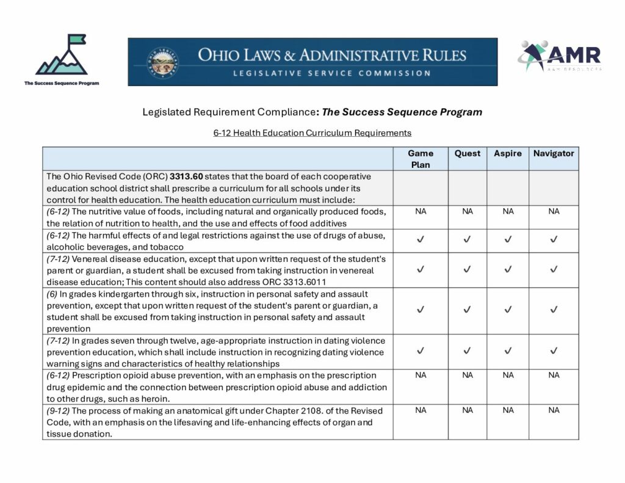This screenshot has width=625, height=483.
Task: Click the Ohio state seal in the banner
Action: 161,61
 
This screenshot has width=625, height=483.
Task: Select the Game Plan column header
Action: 421,159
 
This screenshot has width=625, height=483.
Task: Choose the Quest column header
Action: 468,153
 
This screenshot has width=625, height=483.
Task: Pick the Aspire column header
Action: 508,153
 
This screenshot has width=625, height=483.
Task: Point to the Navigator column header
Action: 554,153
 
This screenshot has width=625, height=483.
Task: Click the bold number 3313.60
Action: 186,176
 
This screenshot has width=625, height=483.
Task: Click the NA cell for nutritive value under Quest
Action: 468,212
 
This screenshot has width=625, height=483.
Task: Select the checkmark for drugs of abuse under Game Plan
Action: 421,240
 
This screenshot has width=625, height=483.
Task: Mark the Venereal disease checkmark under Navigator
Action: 554,269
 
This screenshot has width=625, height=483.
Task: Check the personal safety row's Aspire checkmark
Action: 508,310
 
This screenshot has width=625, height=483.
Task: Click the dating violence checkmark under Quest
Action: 468,351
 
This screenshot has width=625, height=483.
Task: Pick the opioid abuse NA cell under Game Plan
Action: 421,376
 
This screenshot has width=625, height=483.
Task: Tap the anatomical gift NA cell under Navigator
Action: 554,410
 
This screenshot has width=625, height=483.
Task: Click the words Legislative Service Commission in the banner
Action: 331,73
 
